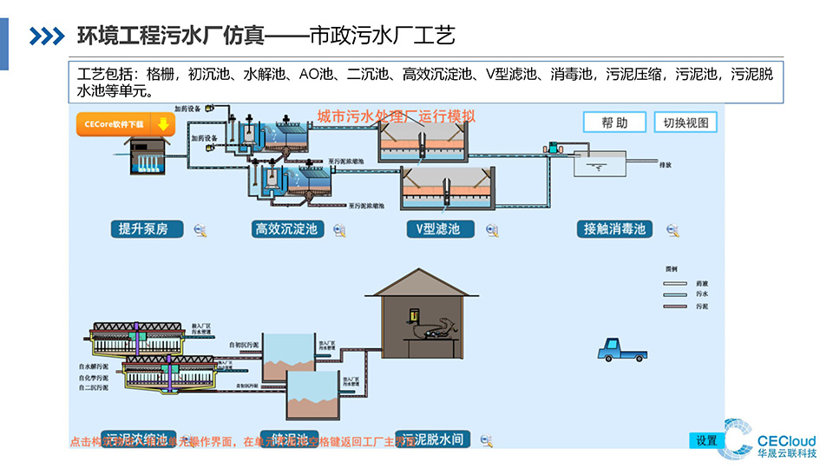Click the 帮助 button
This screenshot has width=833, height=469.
pos(614,122)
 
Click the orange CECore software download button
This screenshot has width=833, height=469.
pos(126,124)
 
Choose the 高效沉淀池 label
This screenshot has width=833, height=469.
pos(285,229)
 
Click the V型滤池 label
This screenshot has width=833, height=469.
pos(439,229)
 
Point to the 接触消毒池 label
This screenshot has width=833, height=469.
pos(614,229)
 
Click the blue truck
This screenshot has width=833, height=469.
pos(620,349)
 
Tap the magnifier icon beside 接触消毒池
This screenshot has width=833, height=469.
pos(672,230)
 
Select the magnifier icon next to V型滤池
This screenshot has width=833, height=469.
pos(492,230)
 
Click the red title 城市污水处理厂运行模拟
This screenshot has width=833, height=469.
pos(397,116)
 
